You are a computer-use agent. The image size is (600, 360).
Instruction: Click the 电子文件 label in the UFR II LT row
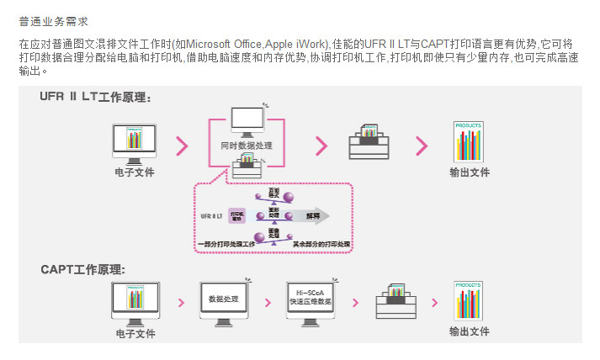pyautogui.click(x=135, y=172)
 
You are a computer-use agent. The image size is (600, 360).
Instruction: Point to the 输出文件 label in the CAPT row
pyautogui.click(x=469, y=331)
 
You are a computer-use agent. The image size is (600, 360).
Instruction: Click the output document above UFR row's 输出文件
pyautogui.click(x=468, y=141)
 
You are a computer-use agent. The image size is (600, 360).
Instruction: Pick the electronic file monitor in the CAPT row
pyautogui.click(x=135, y=301)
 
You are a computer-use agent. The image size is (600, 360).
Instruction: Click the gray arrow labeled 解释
pyautogui.click(x=312, y=216)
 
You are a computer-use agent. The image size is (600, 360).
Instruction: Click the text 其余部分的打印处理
pyautogui.click(x=321, y=244)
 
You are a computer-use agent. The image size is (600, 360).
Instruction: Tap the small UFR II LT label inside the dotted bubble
pyautogui.click(x=211, y=216)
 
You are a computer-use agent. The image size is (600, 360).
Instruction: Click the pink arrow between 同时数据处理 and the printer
pyautogui.click(x=321, y=146)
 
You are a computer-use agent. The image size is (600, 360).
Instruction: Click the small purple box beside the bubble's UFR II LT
pyautogui.click(x=236, y=216)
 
